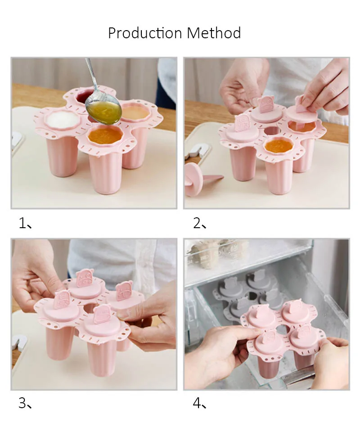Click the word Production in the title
click(x=144, y=33)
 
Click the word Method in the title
click(x=214, y=33)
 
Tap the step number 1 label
click(x=25, y=223)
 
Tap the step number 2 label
click(x=199, y=223)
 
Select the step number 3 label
click(x=25, y=403)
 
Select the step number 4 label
click(x=199, y=403)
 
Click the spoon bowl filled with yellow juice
click(x=103, y=110)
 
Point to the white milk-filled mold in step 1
click(x=63, y=119)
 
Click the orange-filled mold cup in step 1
click(x=105, y=135)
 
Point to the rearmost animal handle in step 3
click(x=85, y=278)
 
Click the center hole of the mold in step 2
click(x=271, y=131)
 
